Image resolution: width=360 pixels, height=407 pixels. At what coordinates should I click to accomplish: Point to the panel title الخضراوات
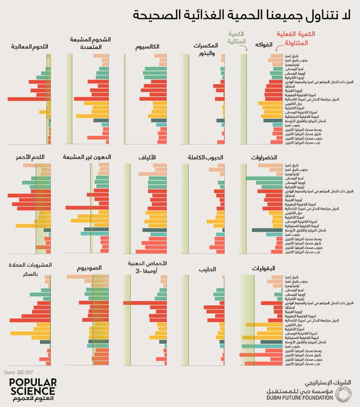click(x=264, y=158)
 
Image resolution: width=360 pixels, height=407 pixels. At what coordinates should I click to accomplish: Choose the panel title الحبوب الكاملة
click(x=205, y=158)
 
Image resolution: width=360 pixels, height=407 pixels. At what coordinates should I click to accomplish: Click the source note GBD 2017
click(x=17, y=372)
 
